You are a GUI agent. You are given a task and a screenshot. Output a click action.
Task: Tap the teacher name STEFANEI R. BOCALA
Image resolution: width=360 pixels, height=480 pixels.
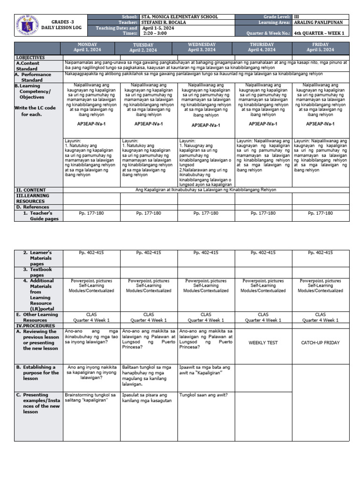pos(164,22)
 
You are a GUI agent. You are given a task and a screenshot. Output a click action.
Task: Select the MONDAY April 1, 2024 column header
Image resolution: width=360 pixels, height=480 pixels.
pos(91,47)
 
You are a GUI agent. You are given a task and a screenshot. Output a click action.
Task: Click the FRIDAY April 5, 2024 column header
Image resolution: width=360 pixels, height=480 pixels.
pos(320,47)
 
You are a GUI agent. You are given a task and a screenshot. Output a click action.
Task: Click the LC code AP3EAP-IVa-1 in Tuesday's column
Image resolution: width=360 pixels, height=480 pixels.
pos(149,124)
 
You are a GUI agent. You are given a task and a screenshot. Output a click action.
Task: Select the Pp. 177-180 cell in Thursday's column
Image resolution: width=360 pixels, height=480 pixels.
pos(263,213)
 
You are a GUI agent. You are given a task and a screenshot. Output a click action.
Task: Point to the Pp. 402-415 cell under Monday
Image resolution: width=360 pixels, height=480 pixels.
pos(91,253)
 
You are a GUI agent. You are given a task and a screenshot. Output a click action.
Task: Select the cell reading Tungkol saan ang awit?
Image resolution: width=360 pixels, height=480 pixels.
pos(203,395)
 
